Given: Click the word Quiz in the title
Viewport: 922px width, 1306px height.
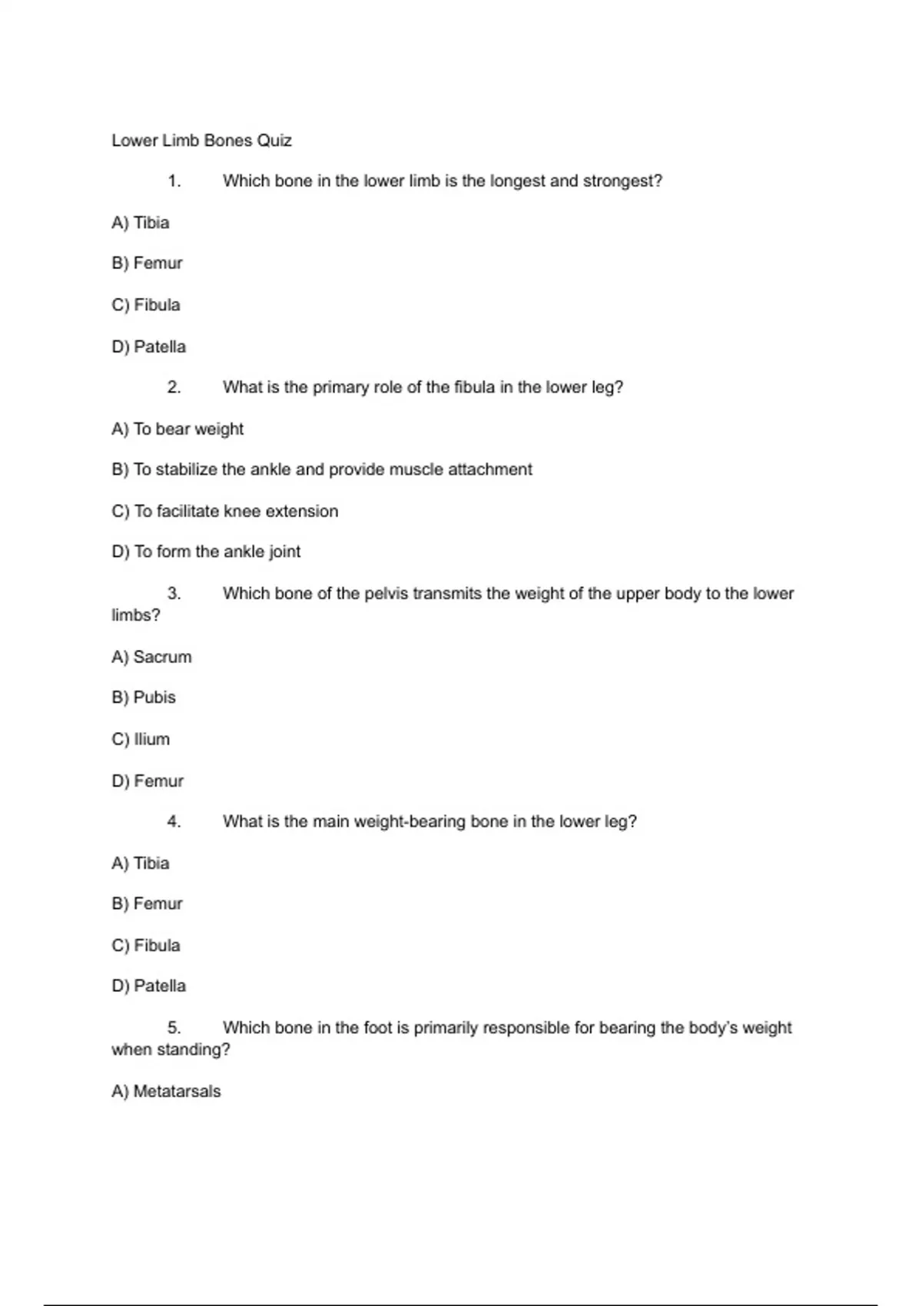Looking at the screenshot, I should [274, 141].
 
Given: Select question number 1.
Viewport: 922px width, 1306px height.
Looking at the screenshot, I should [174, 181].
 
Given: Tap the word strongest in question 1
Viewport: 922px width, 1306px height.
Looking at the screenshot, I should [622, 181].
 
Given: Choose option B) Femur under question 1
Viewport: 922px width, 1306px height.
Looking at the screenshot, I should [148, 264].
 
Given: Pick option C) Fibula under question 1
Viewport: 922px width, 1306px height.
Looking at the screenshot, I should [146, 305].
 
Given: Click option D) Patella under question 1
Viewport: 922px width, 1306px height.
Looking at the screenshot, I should [149, 346].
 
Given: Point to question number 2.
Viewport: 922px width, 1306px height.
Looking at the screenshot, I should [174, 387].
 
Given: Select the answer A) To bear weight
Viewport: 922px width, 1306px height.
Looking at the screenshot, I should [177, 429].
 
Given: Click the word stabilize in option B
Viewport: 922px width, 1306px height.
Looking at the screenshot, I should [187, 469].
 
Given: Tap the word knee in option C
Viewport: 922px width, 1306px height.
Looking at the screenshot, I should [242, 511].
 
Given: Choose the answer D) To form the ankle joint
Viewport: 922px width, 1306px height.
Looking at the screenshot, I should [206, 552].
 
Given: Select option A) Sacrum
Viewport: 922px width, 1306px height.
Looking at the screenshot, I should [151, 657].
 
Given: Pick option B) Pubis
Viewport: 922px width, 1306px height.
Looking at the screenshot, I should [144, 698].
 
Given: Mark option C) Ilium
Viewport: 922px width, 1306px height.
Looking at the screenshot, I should [141, 739].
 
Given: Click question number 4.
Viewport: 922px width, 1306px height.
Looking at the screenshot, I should [174, 822].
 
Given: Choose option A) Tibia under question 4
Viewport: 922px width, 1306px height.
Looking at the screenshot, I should [141, 863].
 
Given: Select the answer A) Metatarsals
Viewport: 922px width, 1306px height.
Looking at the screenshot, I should [166, 1092].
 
